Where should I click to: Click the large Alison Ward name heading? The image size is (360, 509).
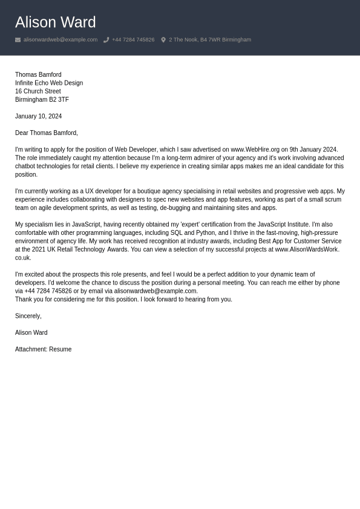coord(55,22)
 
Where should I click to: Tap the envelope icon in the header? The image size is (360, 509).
coord(18,40)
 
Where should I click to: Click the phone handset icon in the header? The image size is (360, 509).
coord(106,40)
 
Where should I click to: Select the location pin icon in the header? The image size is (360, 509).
coord(163,40)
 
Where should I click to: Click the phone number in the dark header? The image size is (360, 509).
coord(133,40)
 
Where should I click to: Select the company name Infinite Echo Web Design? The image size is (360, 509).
coord(49,83)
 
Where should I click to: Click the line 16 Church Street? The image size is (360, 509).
coord(38,91)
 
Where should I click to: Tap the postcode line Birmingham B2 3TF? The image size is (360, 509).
coord(42,100)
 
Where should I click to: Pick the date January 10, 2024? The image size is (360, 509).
coord(38,116)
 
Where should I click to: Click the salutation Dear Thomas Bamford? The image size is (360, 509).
coord(46,133)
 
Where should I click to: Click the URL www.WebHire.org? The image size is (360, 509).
coord(255,149)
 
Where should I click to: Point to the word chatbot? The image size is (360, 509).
coord(25,166)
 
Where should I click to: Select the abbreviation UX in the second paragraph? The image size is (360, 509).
coord(90,191)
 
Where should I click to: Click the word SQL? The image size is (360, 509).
coord(176,233)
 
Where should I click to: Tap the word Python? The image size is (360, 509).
coord(205,233)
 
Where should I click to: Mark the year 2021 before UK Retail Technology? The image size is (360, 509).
coord(38,249)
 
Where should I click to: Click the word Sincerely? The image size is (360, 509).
coord(28,316)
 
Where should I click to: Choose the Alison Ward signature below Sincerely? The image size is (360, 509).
coord(31,333)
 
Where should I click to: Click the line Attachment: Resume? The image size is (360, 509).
coord(43,349)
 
